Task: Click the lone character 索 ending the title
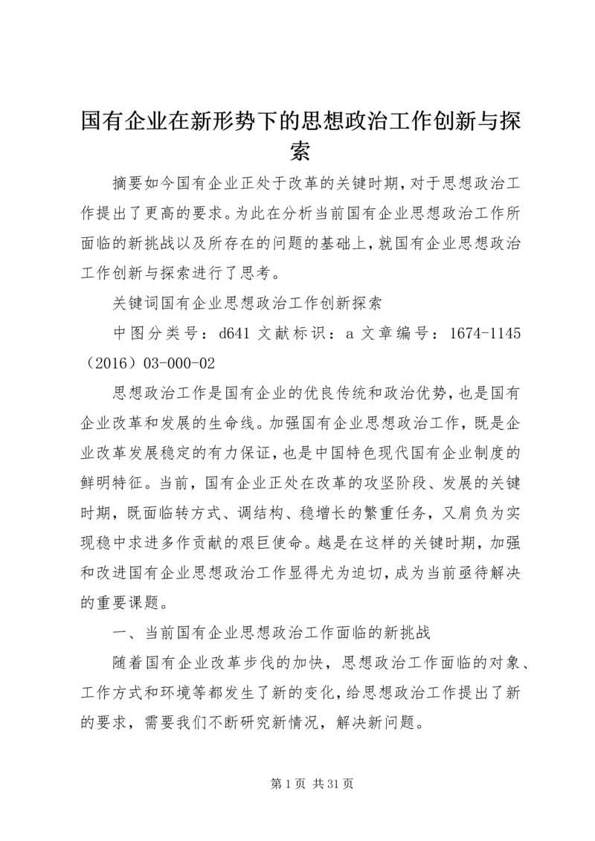[297, 151]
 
